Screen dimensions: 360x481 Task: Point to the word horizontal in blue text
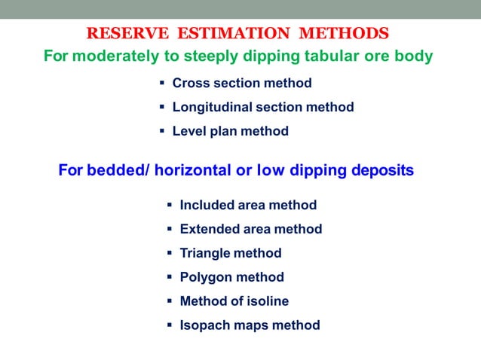[195, 171]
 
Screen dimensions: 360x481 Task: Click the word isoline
[267, 301]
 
